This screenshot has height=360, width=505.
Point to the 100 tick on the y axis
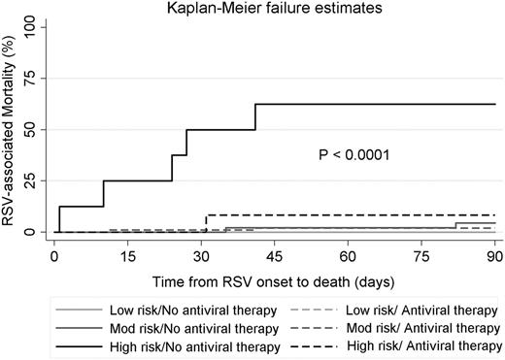click(x=32, y=26)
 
